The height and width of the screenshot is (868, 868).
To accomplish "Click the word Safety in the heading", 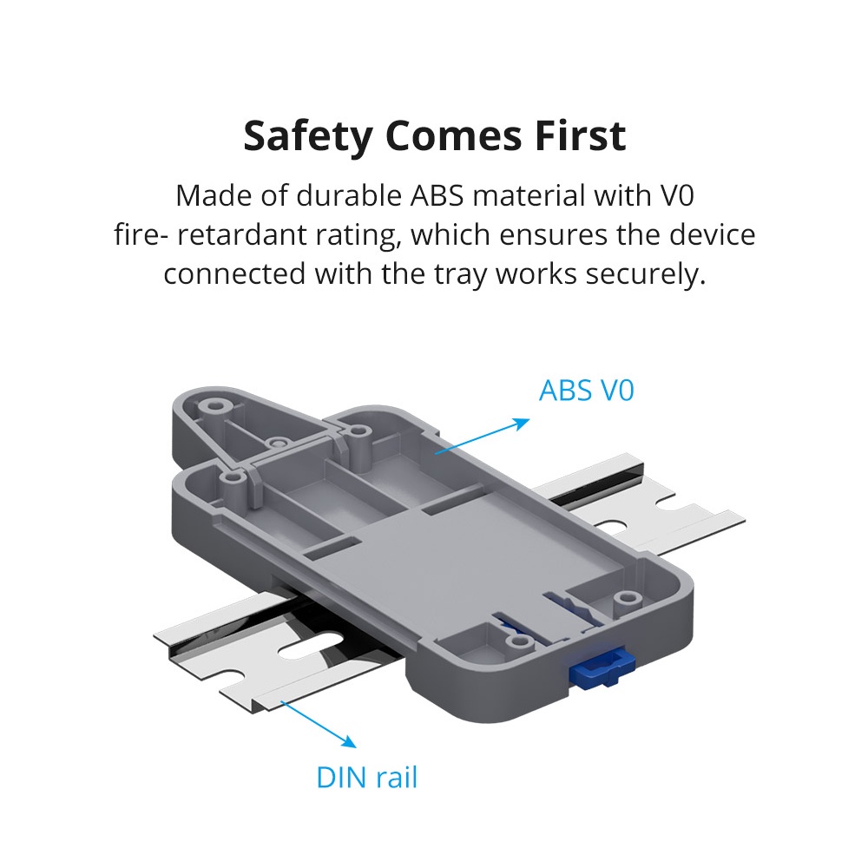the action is (308, 136).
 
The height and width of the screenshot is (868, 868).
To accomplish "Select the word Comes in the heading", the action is (454, 136).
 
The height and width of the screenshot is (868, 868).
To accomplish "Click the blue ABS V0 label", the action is (586, 391).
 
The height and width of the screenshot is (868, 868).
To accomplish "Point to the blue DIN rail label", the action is (366, 777).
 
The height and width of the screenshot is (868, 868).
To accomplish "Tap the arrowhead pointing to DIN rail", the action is (349, 742).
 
